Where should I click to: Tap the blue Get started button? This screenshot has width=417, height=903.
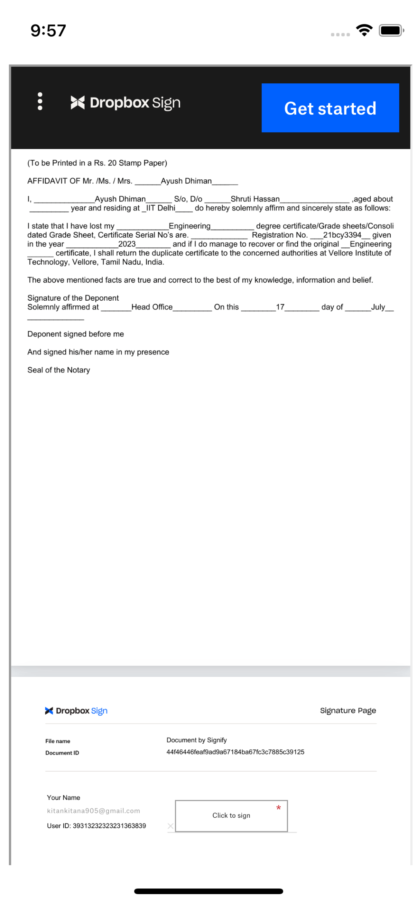tap(330, 108)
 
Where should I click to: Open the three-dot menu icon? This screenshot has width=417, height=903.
tap(40, 101)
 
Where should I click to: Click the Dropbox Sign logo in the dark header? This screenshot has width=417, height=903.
tap(126, 103)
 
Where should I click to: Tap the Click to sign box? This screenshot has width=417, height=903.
tap(231, 815)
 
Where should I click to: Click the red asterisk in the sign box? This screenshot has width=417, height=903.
tap(278, 808)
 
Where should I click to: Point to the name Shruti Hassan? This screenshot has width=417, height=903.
tap(255, 199)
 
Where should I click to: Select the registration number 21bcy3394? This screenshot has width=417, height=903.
tap(342, 235)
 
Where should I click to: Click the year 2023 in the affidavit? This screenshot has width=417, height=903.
tap(127, 244)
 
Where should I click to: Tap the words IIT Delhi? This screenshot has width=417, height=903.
tap(161, 208)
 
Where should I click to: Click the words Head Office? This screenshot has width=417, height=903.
tap(152, 307)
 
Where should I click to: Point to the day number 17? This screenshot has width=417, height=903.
tap(280, 307)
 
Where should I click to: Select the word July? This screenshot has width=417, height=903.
tap(378, 307)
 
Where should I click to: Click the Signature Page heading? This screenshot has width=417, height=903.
tap(347, 710)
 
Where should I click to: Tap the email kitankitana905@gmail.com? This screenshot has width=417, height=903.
tap(93, 811)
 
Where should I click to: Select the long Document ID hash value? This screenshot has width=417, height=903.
tap(235, 752)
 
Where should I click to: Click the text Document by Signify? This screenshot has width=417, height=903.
tap(197, 740)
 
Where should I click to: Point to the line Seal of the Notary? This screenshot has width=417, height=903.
tap(59, 370)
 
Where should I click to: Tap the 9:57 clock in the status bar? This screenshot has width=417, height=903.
tap(48, 30)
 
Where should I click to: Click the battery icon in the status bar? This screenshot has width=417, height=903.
tap(391, 30)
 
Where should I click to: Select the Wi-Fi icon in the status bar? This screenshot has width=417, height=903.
tap(364, 30)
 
